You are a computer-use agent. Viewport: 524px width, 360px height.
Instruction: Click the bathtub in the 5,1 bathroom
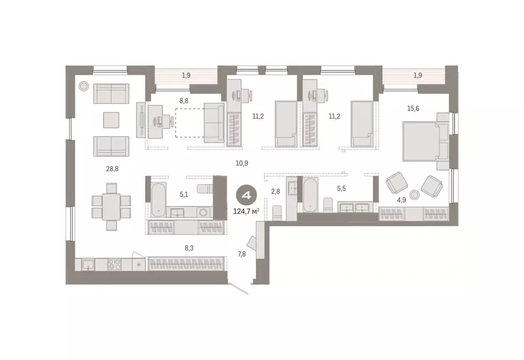pos(158,200)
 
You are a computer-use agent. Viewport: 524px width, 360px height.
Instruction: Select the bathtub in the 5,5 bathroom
pos(311,197)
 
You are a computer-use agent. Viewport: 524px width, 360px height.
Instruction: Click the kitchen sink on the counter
pos(88,265)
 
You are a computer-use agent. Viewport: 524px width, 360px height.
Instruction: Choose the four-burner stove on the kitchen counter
pos(114,265)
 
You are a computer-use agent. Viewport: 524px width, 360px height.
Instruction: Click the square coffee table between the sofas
pos(111,120)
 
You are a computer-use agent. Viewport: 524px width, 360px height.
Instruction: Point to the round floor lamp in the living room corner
pos(83,86)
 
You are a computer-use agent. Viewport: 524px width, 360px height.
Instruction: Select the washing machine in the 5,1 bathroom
pos(203,212)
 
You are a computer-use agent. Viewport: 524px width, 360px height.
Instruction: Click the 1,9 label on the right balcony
pos(418,76)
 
